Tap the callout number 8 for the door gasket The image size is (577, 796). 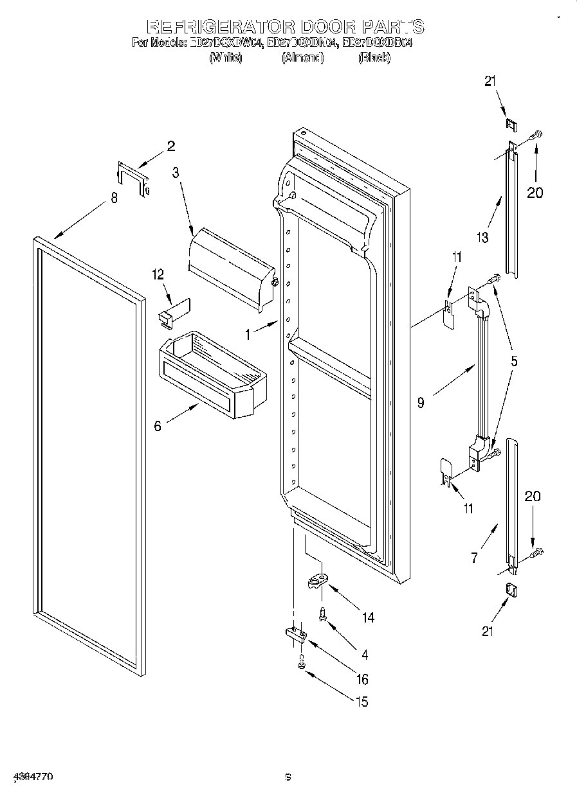click(x=114, y=198)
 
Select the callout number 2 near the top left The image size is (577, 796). click(x=171, y=146)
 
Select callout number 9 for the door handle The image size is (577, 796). click(x=421, y=403)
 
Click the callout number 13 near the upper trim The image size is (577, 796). click(x=482, y=237)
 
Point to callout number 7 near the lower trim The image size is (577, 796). click(x=475, y=558)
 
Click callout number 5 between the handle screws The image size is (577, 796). click(x=513, y=361)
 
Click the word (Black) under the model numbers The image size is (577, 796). click(x=374, y=58)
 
